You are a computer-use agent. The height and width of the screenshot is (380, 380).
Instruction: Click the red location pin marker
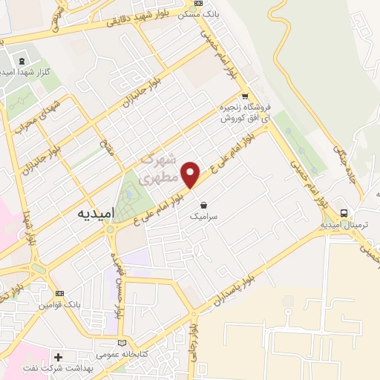coord(191,174)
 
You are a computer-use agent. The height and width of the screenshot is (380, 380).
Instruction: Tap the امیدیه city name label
coord(98,212)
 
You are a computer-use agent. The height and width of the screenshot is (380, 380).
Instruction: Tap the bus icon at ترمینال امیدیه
coord(343,211)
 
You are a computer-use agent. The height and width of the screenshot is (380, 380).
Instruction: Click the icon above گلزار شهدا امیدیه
coord(21,61)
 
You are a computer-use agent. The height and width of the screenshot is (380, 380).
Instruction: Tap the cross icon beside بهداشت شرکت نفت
coord(59,357)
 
